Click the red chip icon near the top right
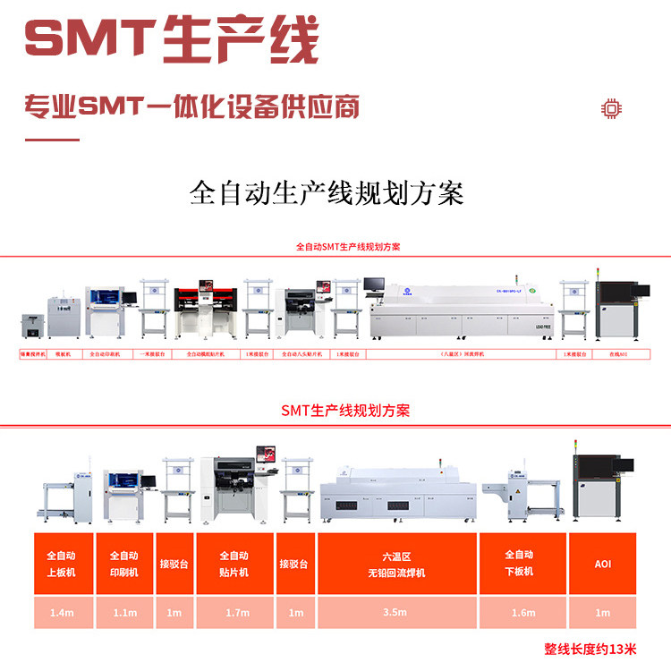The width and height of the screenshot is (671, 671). [x=611, y=109]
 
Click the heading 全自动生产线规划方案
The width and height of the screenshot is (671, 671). [x=327, y=193]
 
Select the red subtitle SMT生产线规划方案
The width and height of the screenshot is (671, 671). [x=345, y=411]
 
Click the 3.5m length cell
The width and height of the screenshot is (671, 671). [x=395, y=613]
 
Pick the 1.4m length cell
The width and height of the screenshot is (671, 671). [x=62, y=613]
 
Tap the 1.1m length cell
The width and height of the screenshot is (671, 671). [x=125, y=613]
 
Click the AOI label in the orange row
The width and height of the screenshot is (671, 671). [x=603, y=565]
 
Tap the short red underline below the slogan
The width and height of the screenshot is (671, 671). [x=52, y=140]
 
